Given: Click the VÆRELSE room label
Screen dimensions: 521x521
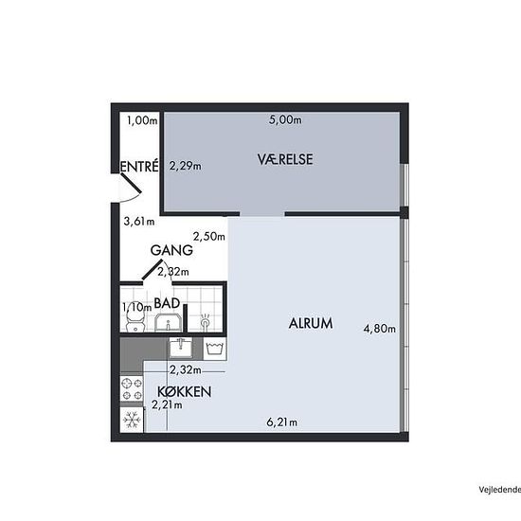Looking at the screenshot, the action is [285, 159].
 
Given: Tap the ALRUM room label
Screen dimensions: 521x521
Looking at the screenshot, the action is [311, 323].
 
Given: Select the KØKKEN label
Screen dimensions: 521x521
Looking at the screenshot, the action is [184, 392].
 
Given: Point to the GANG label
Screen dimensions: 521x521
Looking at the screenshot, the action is [171, 250].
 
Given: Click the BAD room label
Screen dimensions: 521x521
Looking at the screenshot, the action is [167, 303].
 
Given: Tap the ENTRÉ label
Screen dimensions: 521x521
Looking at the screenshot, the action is [139, 166].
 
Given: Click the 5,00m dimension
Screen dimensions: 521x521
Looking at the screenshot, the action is [285, 119].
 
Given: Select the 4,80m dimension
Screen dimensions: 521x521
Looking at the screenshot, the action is [380, 329].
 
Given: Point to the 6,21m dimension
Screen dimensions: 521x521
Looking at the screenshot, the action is [281, 422].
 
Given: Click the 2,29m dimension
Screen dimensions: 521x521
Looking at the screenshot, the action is [186, 166].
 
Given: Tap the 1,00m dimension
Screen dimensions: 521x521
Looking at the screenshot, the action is [142, 120].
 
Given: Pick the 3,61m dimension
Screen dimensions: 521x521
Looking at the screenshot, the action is [139, 221].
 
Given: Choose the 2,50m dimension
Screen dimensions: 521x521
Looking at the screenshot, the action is [209, 237].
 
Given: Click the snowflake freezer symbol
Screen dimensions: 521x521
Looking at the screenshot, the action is [132, 420].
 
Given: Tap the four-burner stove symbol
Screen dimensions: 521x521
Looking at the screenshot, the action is [132, 389].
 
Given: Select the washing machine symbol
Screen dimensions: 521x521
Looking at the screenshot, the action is [215, 349].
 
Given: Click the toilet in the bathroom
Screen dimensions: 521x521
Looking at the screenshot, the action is [135, 321].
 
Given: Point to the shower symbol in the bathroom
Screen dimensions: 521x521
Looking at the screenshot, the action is [205, 321].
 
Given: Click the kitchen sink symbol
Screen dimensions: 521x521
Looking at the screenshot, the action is [180, 348].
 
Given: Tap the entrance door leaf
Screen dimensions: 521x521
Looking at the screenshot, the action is [131, 183].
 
